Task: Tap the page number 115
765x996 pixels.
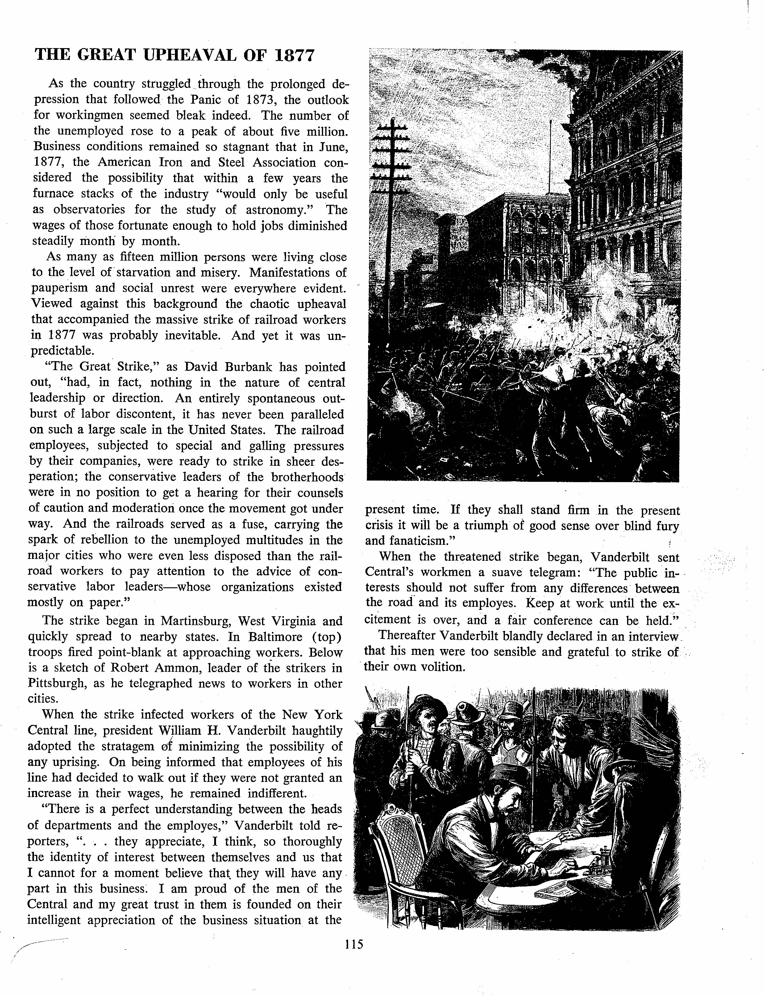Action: click(354, 944)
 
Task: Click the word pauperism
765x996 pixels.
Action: click(58, 289)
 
